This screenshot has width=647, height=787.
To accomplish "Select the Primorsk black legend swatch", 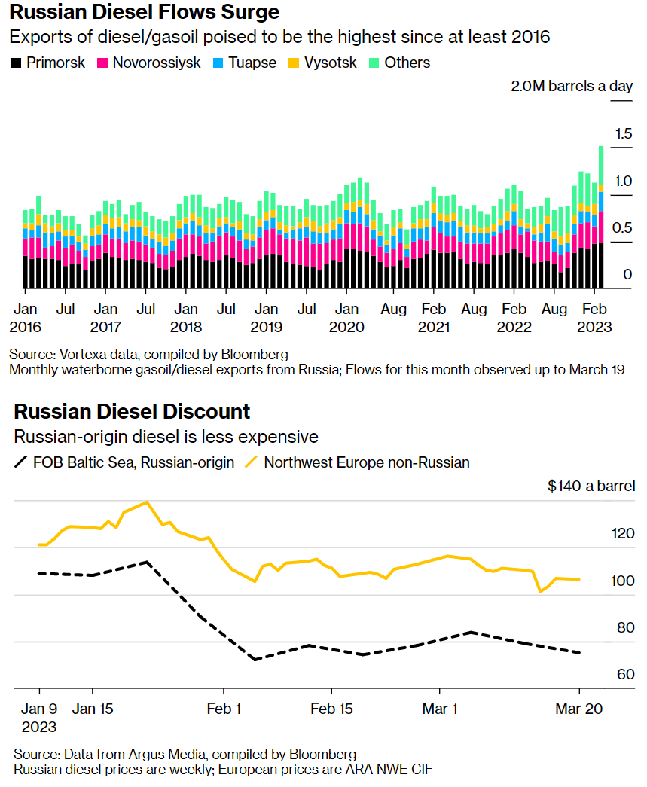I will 16,63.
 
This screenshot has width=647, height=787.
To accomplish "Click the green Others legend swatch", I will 374,63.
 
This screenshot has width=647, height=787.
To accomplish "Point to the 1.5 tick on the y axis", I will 622,134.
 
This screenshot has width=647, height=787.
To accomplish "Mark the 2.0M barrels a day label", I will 572,86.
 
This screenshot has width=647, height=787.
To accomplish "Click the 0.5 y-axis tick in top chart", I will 622,228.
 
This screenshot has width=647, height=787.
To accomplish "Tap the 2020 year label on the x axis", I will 346,328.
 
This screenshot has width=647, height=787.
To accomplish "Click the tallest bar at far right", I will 601,218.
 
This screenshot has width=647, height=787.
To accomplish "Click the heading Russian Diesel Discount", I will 132,412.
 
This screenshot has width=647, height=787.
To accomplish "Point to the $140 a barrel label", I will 591,486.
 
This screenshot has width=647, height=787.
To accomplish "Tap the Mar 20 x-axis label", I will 578,709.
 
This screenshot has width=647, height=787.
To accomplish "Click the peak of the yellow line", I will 147,502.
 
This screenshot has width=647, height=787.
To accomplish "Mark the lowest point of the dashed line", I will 255,660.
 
